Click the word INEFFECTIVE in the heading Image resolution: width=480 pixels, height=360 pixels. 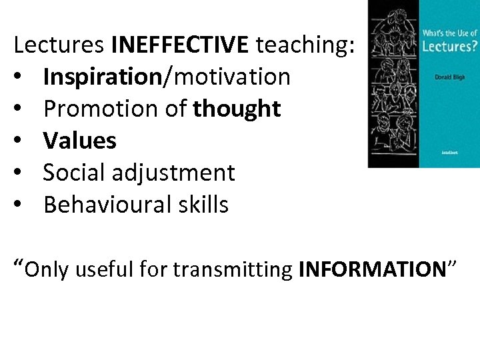coord(180,45)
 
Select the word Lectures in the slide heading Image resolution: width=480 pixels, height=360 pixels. coord(59,45)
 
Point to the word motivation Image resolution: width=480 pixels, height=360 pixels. coord(231,77)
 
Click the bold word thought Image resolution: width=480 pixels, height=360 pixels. coord(237,109)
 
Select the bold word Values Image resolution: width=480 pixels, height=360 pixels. coord(79,141)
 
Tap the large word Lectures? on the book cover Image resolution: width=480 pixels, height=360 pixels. coord(448,46)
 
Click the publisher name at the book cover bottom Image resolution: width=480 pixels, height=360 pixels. coord(449,152)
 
